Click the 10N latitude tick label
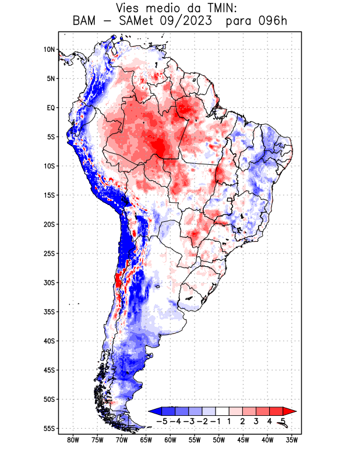click(x=49, y=50)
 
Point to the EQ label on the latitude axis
click(x=50, y=108)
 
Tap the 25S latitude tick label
click(x=49, y=253)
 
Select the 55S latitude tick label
click(x=49, y=428)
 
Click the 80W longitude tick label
click(x=73, y=440)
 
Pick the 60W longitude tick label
click(x=170, y=440)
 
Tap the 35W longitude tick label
click(x=292, y=440)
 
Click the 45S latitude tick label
click(x=49, y=370)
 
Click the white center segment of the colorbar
click(x=223, y=411)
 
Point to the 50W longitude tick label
click(x=219, y=440)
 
